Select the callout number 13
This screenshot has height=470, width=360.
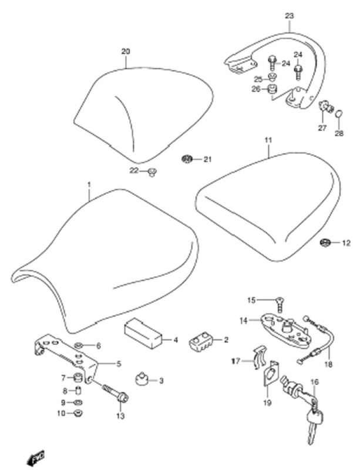pyautogui.click(x=120, y=416)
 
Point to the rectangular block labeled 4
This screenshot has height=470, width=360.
pyautogui.click(x=143, y=333)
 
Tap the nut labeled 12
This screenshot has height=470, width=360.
pyautogui.click(x=326, y=242)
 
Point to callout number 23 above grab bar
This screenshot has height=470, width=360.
pyautogui.click(x=290, y=16)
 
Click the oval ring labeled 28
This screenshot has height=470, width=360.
pyautogui.click(x=339, y=114)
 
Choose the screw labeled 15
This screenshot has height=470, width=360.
pyautogui.click(x=280, y=304)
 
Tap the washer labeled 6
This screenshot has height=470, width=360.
pyautogui.click(x=79, y=346)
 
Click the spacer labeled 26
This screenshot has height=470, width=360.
pyautogui.click(x=272, y=89)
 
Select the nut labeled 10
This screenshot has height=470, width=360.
pyautogui.click(x=79, y=413)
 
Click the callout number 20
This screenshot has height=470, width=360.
pyautogui.click(x=126, y=52)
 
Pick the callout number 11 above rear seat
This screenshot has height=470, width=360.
pyautogui.click(x=268, y=140)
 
